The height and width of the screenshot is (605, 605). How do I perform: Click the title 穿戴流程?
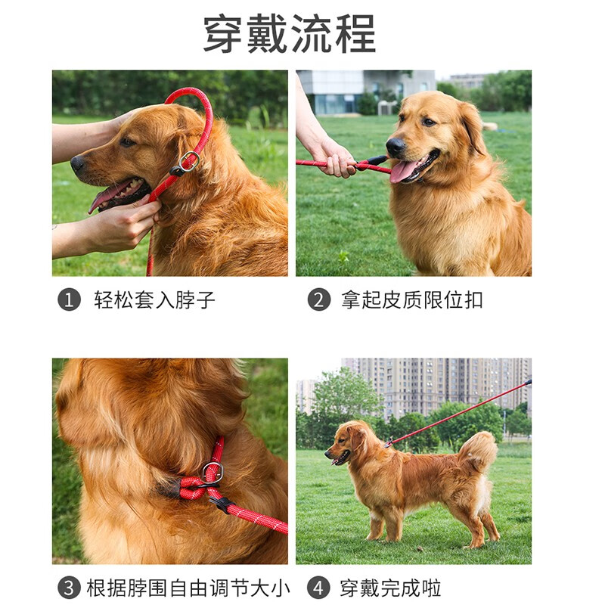290,35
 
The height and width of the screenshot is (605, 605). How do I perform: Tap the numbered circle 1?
69,300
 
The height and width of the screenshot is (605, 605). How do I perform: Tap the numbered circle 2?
318,300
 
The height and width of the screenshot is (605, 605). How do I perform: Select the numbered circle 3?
69,588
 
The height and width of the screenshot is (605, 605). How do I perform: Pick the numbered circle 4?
318,588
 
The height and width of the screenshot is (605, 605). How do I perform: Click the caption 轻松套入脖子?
154,300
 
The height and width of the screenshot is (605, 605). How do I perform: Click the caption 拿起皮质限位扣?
411,300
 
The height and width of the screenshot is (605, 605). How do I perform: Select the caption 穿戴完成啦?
390,588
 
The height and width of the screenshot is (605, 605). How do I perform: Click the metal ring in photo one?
189,160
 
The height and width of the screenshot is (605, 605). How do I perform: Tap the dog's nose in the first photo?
77,162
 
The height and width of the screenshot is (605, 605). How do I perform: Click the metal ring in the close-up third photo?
213,473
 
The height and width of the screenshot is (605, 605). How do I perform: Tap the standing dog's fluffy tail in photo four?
479,451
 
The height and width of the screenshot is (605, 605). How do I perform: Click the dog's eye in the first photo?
126,142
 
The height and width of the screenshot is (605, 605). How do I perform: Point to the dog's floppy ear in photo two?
473,129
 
